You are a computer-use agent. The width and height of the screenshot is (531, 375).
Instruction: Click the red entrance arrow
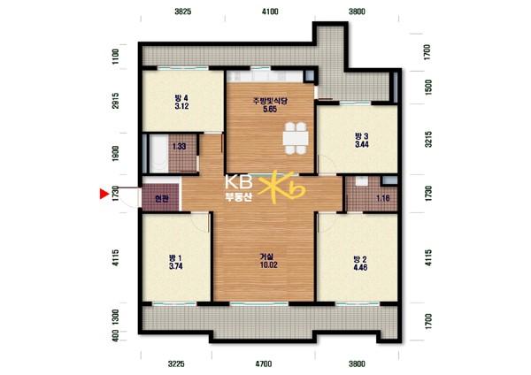click(104, 194)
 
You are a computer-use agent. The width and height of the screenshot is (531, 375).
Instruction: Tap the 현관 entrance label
click(162, 199)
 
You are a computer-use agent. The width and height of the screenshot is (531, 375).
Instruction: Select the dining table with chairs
click(296, 138)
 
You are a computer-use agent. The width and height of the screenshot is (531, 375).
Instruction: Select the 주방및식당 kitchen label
click(270, 101)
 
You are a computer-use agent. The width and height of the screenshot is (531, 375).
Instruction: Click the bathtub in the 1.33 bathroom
click(158, 154)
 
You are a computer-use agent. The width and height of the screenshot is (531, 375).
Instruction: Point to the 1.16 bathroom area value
click(383, 198)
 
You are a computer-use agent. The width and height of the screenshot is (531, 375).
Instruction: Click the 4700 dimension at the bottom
click(263, 364)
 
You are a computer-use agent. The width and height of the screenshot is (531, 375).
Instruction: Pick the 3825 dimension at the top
click(183, 11)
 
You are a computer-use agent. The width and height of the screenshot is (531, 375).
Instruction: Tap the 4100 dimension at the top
click(270, 11)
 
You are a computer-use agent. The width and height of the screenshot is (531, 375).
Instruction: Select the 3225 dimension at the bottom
click(176, 364)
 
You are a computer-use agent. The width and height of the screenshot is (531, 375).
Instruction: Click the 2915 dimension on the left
click(116, 101)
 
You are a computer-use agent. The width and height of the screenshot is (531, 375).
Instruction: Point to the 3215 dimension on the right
click(428, 139)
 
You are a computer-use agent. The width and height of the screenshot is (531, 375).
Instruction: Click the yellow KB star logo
click(281, 187)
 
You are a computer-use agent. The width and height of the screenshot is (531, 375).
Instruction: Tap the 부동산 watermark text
click(239, 197)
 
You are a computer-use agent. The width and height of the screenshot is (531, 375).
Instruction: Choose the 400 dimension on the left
click(115, 336)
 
